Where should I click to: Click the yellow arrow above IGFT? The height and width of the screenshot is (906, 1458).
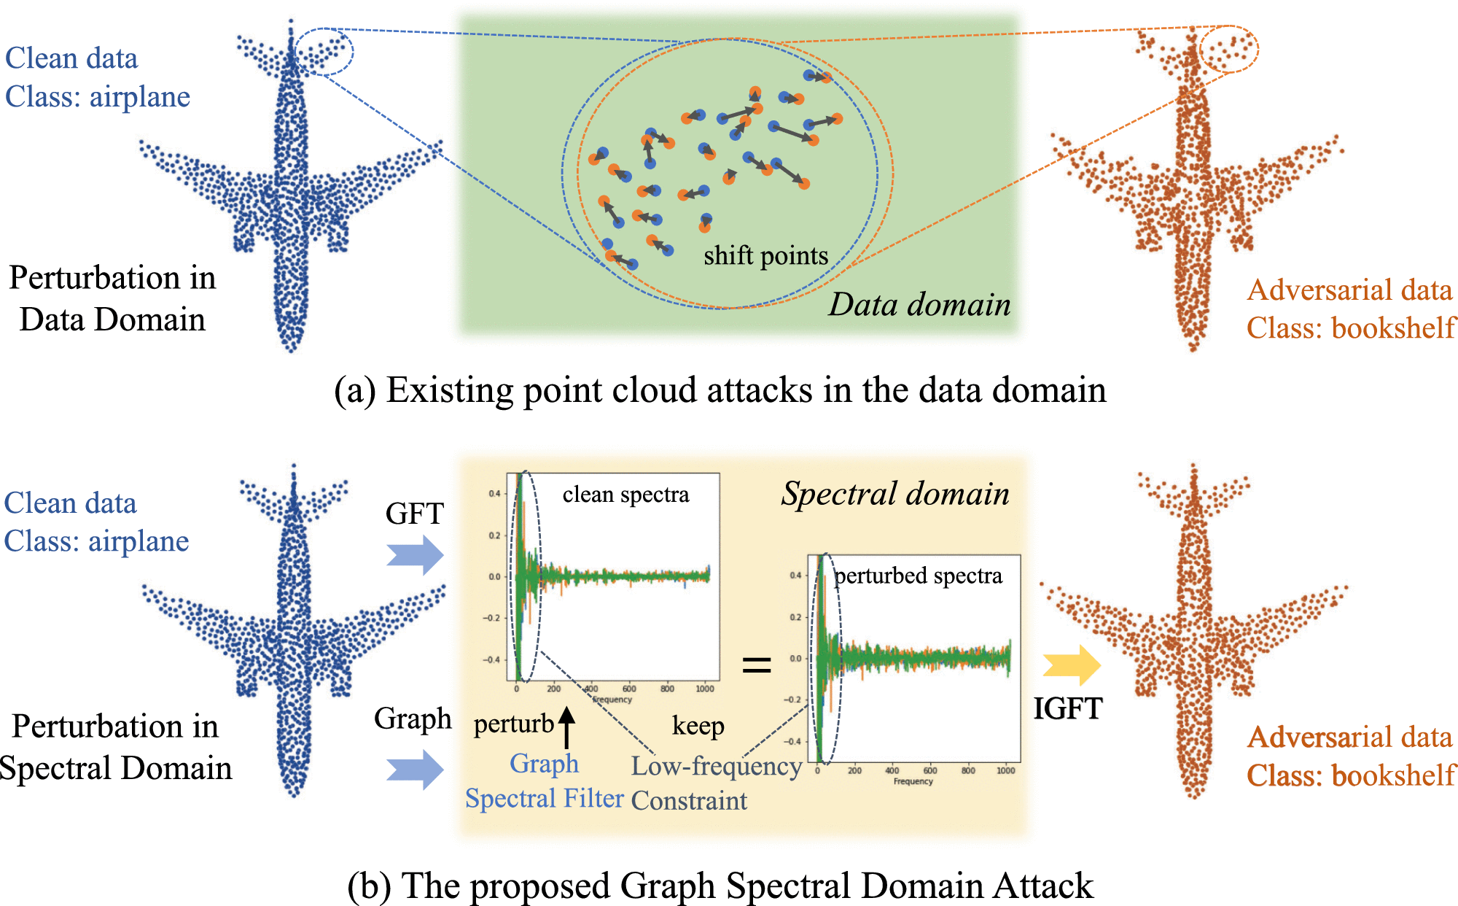(1071, 665)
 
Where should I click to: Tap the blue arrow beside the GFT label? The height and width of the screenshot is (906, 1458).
(415, 554)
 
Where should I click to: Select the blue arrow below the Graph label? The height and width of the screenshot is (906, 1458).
(415, 770)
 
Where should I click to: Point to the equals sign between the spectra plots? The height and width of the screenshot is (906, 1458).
(757, 664)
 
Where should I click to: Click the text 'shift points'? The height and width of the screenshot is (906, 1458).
(765, 255)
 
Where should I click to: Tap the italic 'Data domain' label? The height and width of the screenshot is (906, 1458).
(919, 304)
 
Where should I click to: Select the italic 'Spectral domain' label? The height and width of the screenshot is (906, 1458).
(895, 494)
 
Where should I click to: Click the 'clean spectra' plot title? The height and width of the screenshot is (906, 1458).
(625, 495)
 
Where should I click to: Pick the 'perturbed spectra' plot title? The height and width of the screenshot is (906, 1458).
(918, 576)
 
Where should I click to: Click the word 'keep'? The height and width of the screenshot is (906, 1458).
(698, 726)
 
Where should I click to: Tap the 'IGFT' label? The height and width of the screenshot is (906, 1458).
(1068, 708)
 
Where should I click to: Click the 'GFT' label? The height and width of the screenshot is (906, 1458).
(414, 514)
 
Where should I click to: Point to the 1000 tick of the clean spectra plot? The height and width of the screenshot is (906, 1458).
(705, 689)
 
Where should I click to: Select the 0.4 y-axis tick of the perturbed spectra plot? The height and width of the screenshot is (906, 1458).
(795, 576)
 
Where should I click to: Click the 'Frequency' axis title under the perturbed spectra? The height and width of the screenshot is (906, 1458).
(913, 781)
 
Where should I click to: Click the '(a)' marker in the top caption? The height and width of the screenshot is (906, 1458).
(354, 390)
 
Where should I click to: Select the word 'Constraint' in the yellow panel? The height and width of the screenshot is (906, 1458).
(689, 801)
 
